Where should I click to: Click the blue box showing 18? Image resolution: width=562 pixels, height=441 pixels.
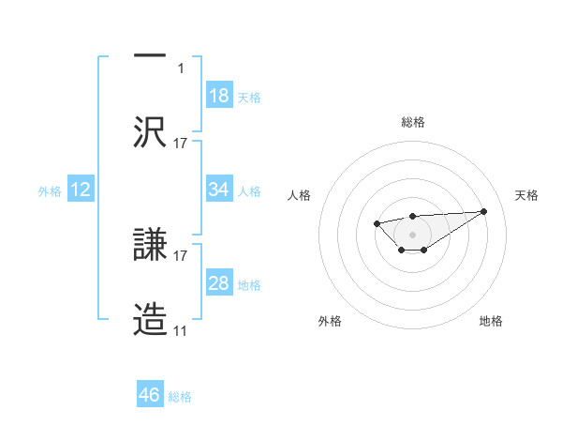[219, 96]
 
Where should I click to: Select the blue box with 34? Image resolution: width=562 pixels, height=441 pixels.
[219, 190]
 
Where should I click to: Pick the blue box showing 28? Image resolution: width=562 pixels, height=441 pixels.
[219, 283]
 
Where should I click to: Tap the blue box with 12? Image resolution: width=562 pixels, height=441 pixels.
[81, 190]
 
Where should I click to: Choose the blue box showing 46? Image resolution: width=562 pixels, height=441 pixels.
[150, 395]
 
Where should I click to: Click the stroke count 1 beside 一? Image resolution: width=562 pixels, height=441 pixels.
[182, 68]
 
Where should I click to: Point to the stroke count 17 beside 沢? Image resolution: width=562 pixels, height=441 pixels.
[181, 144]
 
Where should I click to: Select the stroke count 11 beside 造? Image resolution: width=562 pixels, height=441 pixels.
[181, 332]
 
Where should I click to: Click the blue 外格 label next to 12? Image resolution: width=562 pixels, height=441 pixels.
[50, 190]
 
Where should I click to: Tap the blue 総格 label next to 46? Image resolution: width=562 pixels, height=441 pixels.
[180, 397]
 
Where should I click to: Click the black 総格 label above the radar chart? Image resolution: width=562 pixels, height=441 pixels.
[413, 123]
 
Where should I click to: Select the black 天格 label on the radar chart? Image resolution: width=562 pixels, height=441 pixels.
[527, 195]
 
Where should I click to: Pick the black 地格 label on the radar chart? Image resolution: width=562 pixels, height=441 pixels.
[491, 321]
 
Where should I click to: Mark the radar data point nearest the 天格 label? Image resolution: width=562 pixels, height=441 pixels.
[483, 211]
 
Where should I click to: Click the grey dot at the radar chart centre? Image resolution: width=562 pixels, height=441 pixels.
[413, 234]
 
